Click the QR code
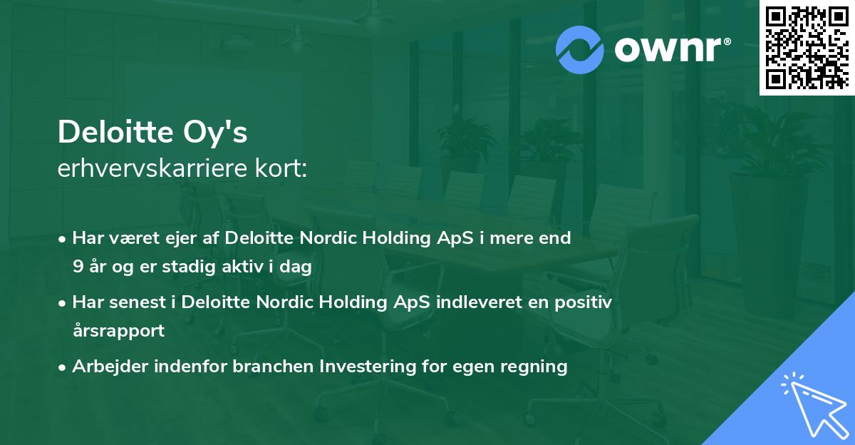pyautogui.click(x=807, y=48)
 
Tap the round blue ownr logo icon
pyautogui.click(x=580, y=50)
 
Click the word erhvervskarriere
pyautogui.click(x=149, y=170)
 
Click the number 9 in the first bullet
pyautogui.click(x=78, y=267)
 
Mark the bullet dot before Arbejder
pyautogui.click(x=63, y=367)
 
